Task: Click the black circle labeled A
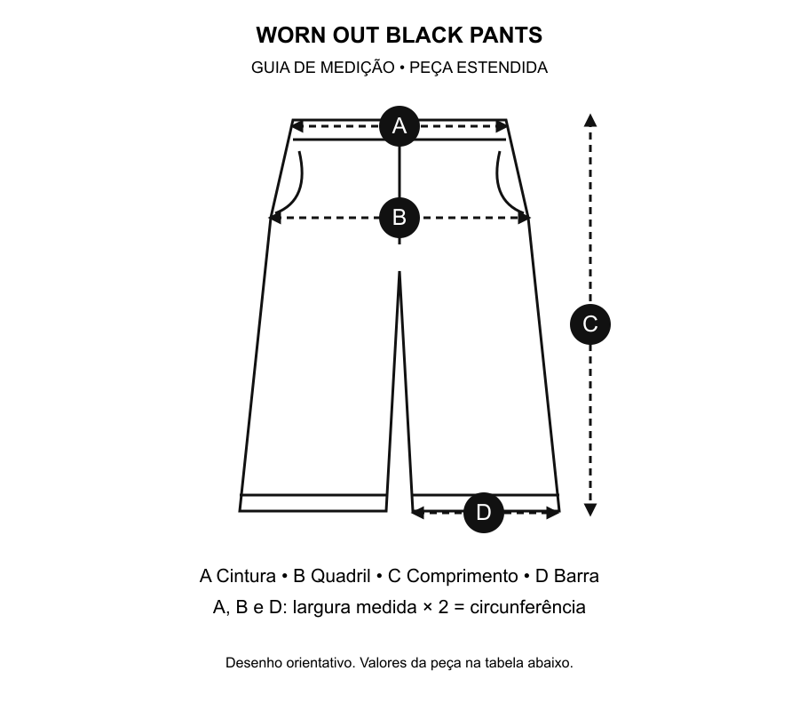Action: tap(399, 126)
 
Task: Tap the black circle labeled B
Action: tap(399, 218)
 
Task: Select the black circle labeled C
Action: tap(590, 324)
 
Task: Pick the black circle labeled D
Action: tap(484, 513)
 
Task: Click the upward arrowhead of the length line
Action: tap(590, 120)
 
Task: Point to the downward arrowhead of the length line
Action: tap(590, 509)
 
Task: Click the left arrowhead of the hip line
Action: tap(275, 218)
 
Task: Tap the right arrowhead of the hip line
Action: tap(524, 218)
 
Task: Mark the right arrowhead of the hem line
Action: tap(553, 513)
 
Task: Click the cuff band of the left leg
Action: tap(313, 503)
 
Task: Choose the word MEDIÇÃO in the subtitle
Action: tap(357, 68)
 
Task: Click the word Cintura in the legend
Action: tap(246, 576)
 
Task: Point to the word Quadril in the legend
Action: tap(340, 576)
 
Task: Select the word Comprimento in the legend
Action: tap(463, 576)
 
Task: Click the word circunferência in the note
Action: tap(527, 607)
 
